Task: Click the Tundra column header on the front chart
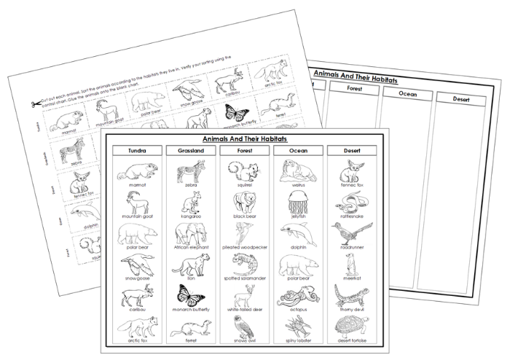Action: pyautogui.click(x=136, y=151)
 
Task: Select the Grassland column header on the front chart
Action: pyautogui.click(x=191, y=151)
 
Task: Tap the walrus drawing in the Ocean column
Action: pyautogui.click(x=297, y=171)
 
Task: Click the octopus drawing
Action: pyautogui.click(x=297, y=296)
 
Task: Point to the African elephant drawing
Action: pyautogui.click(x=191, y=234)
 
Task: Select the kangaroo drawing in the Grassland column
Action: pyautogui.click(x=191, y=202)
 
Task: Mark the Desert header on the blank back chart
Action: pyautogui.click(x=461, y=98)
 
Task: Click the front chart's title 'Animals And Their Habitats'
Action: pyautogui.click(x=244, y=138)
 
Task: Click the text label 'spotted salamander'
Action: pyautogui.click(x=244, y=279)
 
